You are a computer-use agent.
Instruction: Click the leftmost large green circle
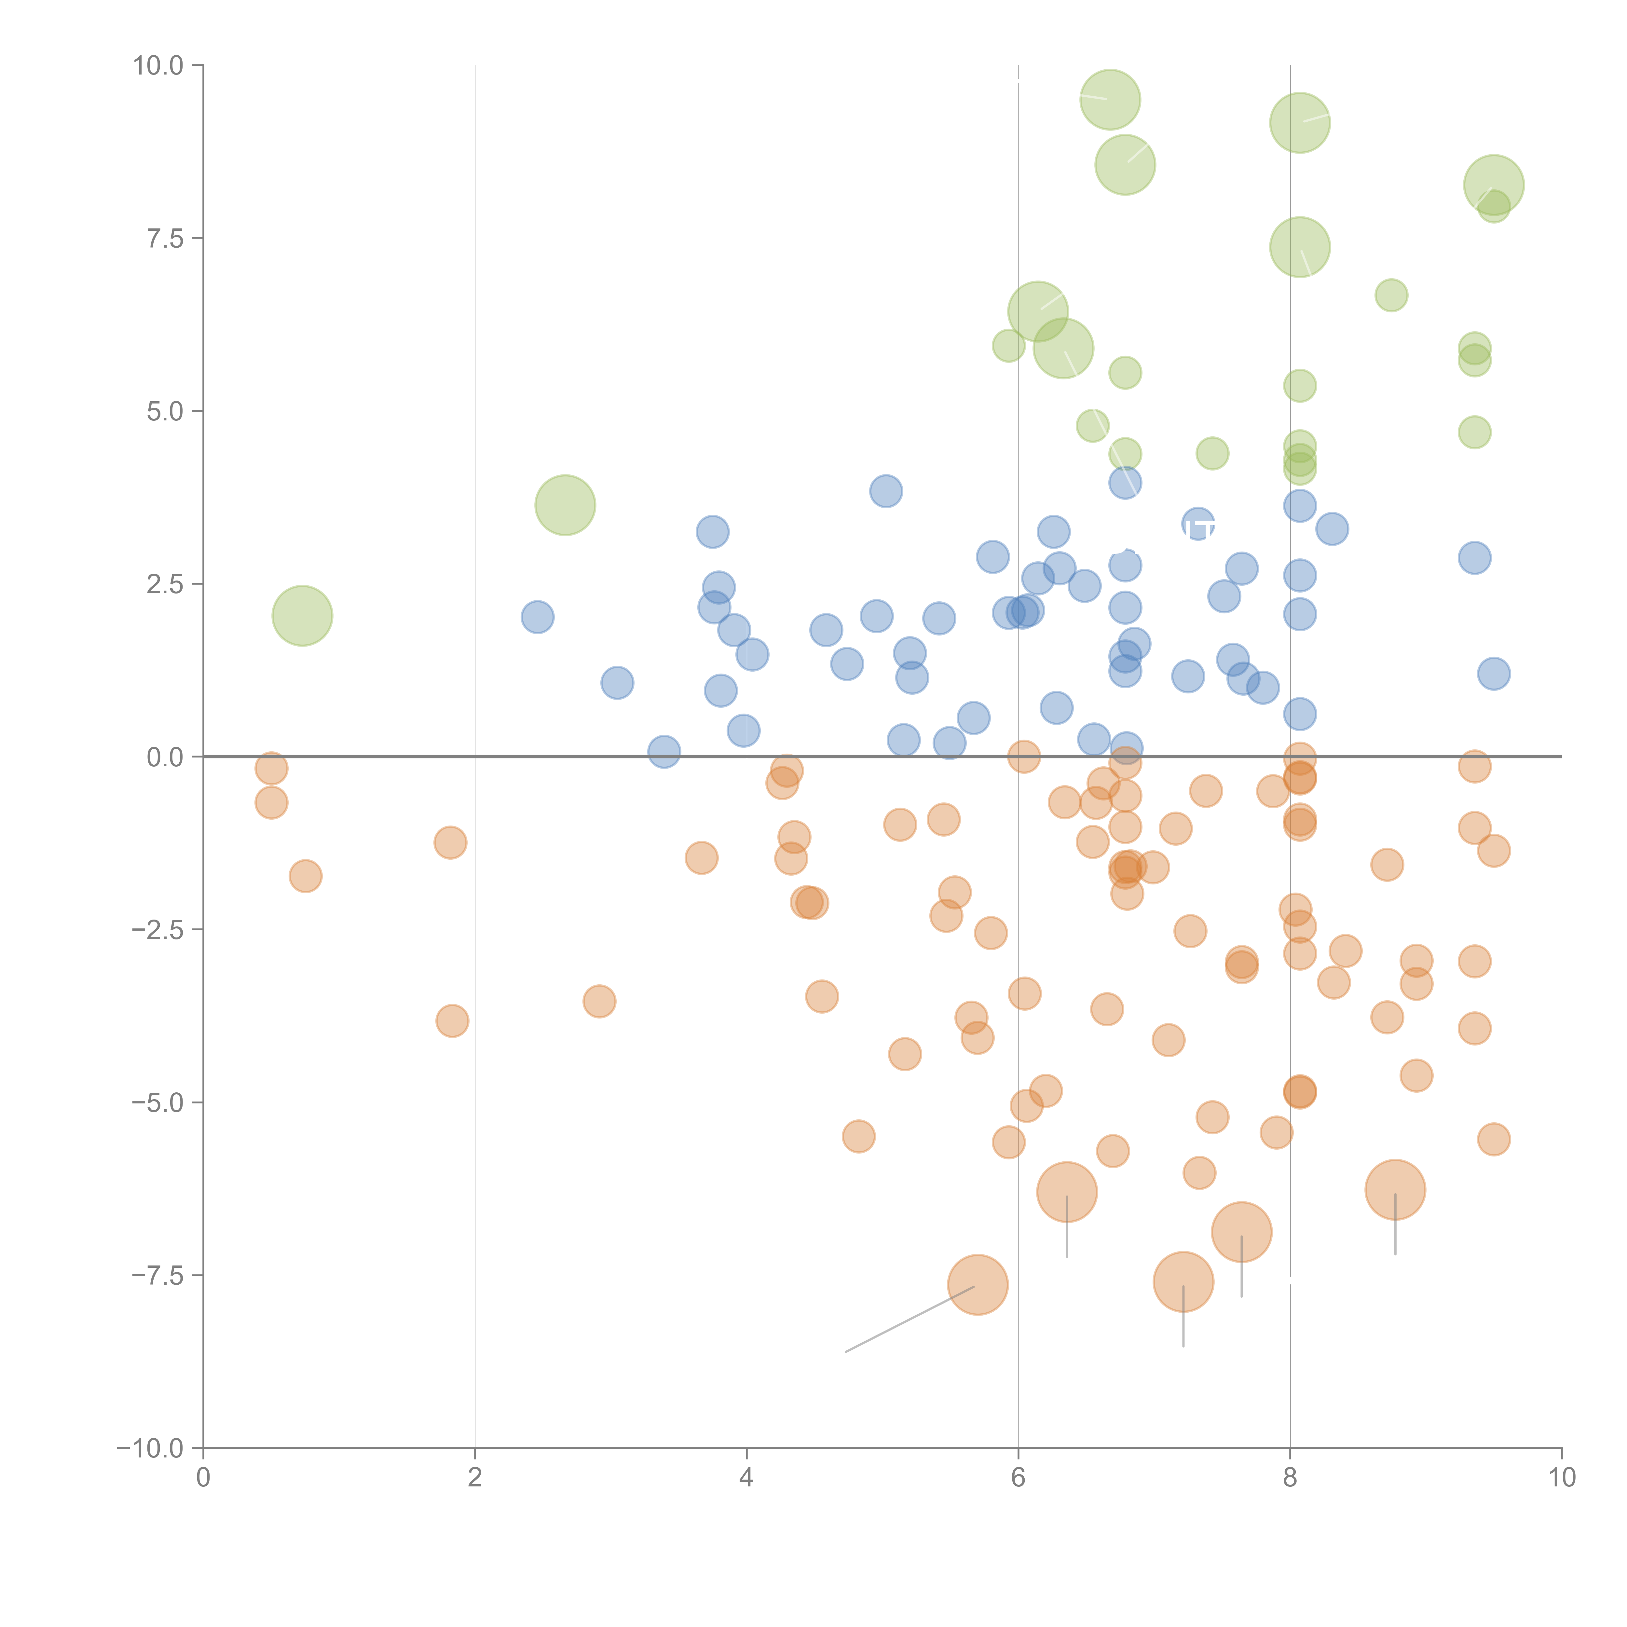(302, 616)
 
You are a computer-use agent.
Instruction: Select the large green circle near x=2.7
(565, 505)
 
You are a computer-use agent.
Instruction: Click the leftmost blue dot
(537, 617)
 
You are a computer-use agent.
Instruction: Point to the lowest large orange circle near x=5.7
(978, 1284)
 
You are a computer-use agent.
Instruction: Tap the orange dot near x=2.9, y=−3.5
(599, 1001)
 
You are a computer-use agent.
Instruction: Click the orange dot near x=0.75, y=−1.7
(306, 876)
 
